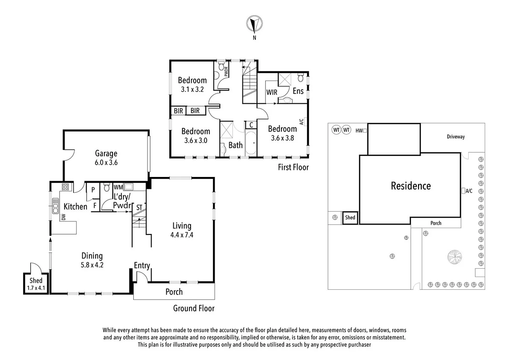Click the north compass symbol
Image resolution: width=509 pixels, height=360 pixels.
(x=254, y=24)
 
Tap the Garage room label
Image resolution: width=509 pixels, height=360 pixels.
(x=106, y=153)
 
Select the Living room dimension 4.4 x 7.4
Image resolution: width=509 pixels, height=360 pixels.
(x=182, y=235)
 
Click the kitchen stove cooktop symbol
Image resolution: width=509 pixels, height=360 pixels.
(x=65, y=187)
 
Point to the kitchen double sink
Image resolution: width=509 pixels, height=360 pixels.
(x=55, y=206)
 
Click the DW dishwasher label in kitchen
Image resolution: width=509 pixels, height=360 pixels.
(x=63, y=217)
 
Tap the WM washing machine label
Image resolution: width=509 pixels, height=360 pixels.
(x=118, y=187)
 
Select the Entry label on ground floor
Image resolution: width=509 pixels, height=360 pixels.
(x=142, y=265)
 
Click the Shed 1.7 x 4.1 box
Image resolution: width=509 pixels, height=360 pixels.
(x=36, y=284)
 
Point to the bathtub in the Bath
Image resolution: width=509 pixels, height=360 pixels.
(x=251, y=143)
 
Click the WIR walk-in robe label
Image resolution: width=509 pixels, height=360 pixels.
(x=271, y=92)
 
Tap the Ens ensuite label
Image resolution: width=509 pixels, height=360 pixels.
(x=298, y=91)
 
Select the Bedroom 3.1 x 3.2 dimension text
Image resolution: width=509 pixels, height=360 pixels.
(x=192, y=89)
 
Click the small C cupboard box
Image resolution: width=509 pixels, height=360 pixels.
(x=251, y=125)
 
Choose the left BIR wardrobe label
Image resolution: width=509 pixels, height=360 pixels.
(x=178, y=111)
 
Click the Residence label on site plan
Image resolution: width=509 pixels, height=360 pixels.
(x=410, y=186)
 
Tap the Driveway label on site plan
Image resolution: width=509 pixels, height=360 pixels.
(x=455, y=137)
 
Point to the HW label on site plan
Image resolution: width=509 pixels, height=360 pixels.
(x=359, y=131)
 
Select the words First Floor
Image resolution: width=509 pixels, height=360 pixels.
(x=293, y=167)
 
